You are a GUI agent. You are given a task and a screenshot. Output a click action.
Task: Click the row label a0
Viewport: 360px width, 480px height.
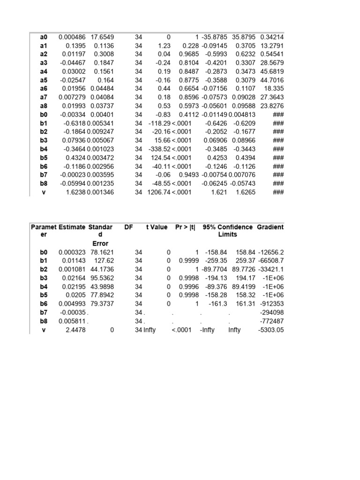[x=44, y=37]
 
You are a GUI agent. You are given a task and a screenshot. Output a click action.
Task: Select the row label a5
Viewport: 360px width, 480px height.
[x=44, y=80]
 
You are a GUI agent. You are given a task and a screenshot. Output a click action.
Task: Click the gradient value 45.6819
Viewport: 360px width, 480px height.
[x=272, y=72]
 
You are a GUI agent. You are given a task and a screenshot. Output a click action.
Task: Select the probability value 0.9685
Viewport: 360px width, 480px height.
[x=188, y=54]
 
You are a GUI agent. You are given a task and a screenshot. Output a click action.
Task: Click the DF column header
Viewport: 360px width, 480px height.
[x=128, y=227]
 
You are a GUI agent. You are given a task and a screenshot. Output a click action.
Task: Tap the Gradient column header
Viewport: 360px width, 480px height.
[x=270, y=227]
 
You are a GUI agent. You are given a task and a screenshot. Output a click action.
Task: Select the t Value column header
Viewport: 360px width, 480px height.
[x=157, y=227]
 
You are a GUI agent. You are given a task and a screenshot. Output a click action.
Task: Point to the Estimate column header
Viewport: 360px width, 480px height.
[x=72, y=227]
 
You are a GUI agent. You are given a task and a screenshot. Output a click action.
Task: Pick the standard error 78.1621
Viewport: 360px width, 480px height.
[x=99, y=252]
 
